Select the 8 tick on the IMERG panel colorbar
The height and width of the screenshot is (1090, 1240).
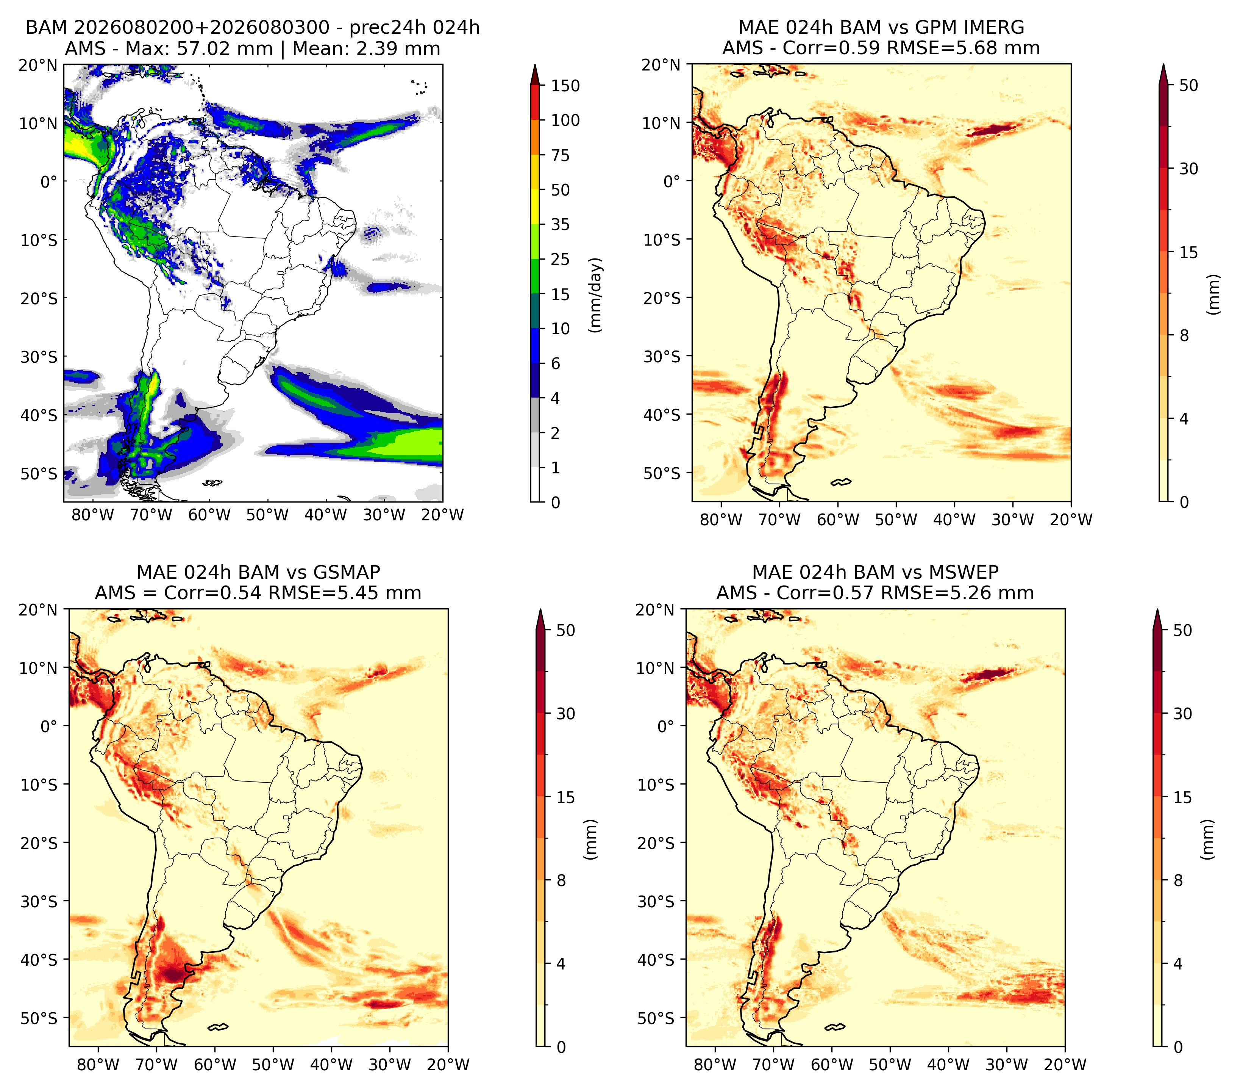click(x=1184, y=335)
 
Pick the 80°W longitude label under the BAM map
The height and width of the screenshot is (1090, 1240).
click(x=93, y=515)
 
